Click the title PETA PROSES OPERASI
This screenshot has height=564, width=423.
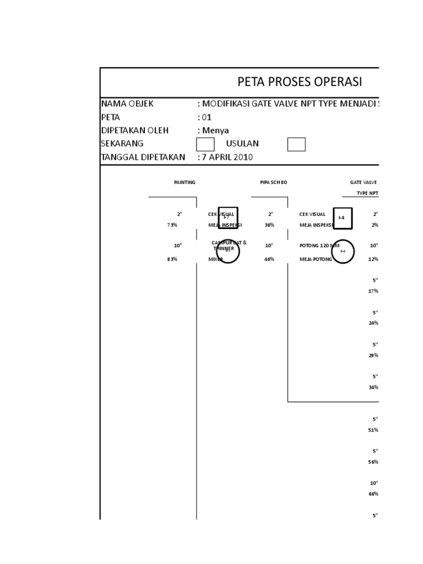click(300, 82)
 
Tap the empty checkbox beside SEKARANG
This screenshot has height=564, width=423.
click(205, 144)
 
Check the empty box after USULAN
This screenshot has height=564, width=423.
click(296, 144)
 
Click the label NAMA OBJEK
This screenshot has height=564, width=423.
click(127, 104)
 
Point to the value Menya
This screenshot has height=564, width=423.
click(215, 131)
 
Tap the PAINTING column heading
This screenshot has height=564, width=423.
click(185, 182)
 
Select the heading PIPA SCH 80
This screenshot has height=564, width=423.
click(274, 182)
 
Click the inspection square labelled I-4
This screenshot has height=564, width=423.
click(341, 218)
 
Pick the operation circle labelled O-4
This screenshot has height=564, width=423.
click(343, 251)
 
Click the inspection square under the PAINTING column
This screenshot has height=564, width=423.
click(227, 218)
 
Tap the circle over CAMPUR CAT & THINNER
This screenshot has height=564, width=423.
click(227, 251)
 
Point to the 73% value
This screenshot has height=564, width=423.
click(172, 225)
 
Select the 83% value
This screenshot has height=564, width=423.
click(172, 259)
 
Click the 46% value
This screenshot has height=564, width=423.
click(269, 259)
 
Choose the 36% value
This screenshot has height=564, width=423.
click(269, 225)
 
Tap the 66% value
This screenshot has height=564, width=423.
click(373, 494)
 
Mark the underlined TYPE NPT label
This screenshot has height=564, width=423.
click(367, 193)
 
